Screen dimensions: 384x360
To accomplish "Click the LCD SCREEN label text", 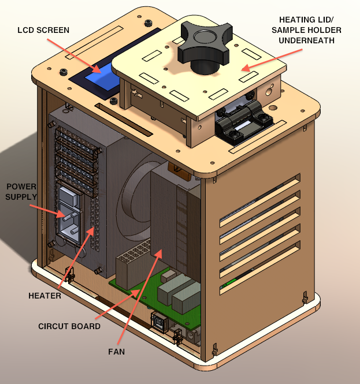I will (43, 30).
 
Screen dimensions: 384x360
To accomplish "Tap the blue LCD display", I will (102, 78).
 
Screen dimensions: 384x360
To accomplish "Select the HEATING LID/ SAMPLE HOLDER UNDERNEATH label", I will (310, 29).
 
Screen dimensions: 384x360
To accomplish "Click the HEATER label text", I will (44, 296).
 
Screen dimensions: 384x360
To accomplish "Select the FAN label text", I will (116, 351).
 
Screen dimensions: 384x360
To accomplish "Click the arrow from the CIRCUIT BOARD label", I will (116, 306).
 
